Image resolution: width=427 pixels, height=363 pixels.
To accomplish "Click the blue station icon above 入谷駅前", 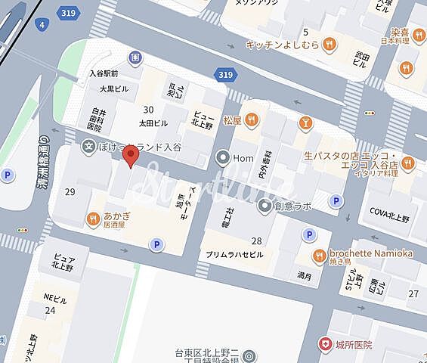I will coord(135,57).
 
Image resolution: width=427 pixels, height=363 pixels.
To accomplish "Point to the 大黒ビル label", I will coord(115,88).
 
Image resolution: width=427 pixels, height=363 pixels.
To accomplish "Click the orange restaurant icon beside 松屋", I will coord(252,119).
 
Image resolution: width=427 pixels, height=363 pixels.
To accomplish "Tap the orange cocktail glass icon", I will coord(305,123).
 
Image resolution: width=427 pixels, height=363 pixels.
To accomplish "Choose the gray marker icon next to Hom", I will coord(222,158).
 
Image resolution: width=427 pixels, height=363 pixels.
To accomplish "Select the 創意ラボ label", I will coord(293,205).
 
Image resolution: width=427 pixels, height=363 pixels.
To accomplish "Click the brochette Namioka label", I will coord(371,253).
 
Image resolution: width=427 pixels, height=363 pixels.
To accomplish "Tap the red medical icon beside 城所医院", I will coord(324,344).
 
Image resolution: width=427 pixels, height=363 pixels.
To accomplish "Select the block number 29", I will coord(70,192).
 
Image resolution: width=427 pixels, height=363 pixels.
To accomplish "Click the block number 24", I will coord(50,310).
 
